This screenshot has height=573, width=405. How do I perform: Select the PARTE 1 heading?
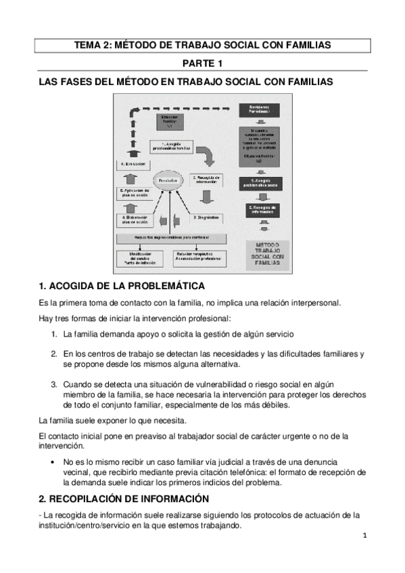tap(202, 64)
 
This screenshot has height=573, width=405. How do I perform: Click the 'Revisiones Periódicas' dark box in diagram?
tap(262, 111)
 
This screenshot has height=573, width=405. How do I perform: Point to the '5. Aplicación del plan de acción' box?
tap(139, 194)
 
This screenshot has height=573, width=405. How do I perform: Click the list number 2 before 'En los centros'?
tap(53, 353)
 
